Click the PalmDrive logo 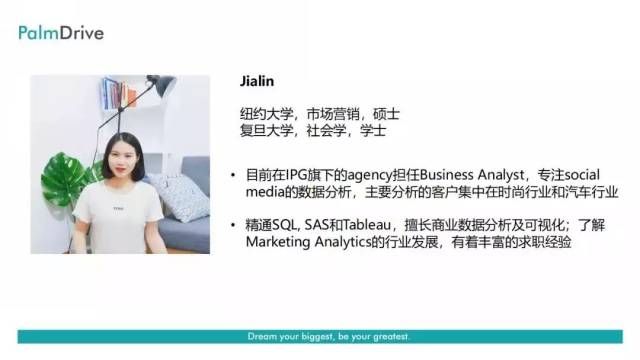60,33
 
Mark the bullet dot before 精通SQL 234,226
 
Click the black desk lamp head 160,85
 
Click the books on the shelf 115,94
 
